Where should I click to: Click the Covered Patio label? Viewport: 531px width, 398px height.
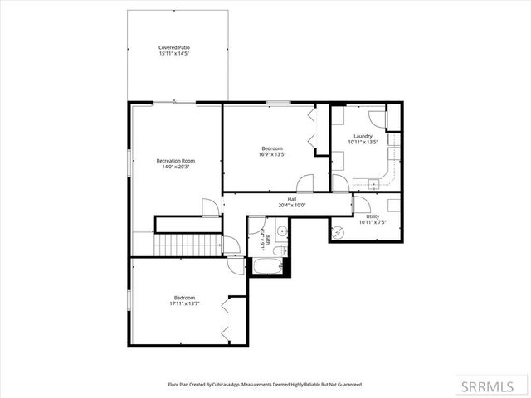(174, 48)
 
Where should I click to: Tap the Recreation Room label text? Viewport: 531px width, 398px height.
(175, 160)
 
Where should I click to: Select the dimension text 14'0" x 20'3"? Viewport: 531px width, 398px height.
(175, 167)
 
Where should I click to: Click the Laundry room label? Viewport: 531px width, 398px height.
(363, 136)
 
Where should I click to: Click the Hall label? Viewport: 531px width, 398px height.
(292, 199)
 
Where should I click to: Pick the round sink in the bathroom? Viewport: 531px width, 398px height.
(281, 231)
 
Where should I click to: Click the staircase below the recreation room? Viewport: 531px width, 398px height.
(187, 245)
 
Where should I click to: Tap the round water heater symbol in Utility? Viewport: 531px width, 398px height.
(336, 233)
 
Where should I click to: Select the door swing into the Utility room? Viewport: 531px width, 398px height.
(363, 204)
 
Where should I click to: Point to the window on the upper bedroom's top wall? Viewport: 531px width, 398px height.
(278, 103)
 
